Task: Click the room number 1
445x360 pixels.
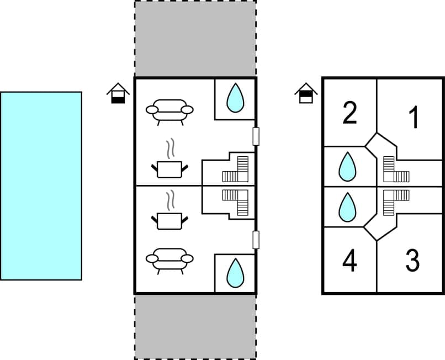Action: [x=414, y=118]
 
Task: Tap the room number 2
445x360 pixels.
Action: [x=349, y=113]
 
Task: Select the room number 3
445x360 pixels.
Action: [x=412, y=261]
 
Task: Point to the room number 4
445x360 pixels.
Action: [x=349, y=261]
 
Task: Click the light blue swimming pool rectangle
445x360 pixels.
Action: [x=41, y=186]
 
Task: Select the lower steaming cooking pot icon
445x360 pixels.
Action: [x=170, y=212]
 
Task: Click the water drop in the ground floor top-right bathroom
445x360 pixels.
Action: [x=236, y=98]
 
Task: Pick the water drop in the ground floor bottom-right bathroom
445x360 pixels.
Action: [x=236, y=273]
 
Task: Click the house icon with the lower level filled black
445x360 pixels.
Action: [x=118, y=93]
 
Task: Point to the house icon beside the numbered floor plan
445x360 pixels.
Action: [x=306, y=93]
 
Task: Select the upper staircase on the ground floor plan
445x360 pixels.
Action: [x=236, y=170]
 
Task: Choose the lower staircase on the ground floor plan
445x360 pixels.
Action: [x=236, y=202]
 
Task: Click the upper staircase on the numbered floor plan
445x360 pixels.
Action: [x=396, y=170]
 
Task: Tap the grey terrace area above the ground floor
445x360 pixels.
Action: [x=195, y=39]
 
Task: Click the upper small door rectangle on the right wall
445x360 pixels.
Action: [x=256, y=136]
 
